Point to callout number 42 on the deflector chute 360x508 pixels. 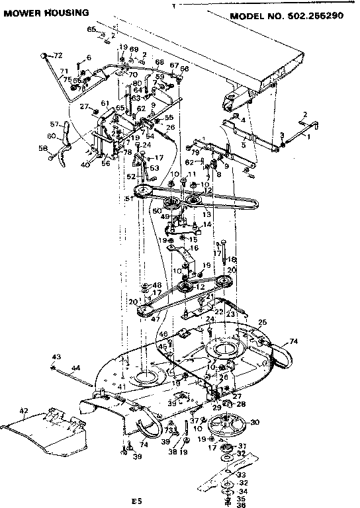point(24,411)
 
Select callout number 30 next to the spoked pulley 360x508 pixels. point(254,422)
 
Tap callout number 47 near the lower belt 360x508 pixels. point(157,318)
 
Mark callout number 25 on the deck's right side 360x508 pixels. point(262,322)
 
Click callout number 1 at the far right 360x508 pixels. point(308,136)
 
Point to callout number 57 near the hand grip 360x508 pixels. point(56,124)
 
